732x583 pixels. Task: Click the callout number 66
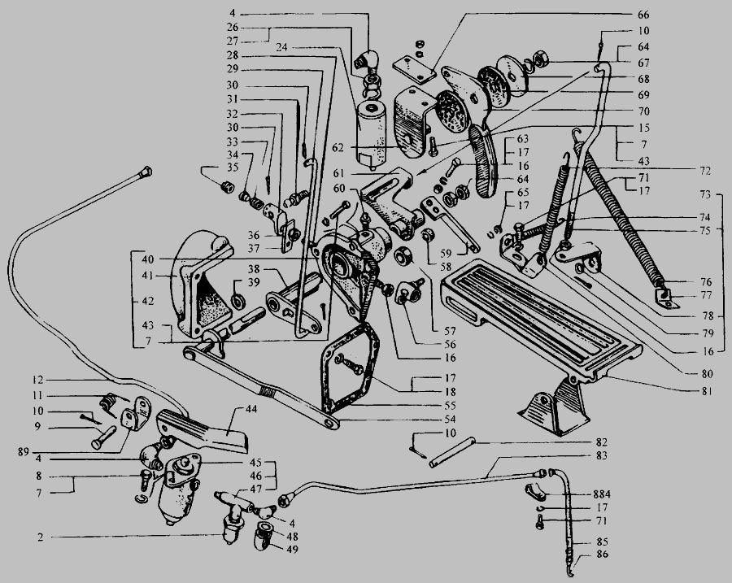pyautogui.click(x=643, y=15)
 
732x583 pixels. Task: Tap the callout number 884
pyautogui.click(x=602, y=494)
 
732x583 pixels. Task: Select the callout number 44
pyautogui.click(x=251, y=409)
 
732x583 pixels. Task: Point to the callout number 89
pyautogui.click(x=23, y=452)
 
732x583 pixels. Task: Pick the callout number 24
pyautogui.click(x=281, y=47)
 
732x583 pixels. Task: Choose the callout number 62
pyautogui.click(x=338, y=148)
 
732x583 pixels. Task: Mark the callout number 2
pyautogui.click(x=41, y=537)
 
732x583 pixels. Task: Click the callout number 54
pyautogui.click(x=450, y=420)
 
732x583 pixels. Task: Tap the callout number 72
pyautogui.click(x=704, y=172)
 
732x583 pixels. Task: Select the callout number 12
pyautogui.click(x=37, y=381)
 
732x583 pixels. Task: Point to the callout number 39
pyautogui.click(x=254, y=282)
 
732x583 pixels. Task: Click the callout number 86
pyautogui.click(x=603, y=555)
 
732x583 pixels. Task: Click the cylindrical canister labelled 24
pyautogui.click(x=371, y=134)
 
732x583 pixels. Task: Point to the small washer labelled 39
pyautogui.click(x=239, y=301)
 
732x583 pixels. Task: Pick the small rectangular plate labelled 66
pyautogui.click(x=414, y=69)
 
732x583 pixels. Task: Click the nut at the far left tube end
pyautogui.click(x=146, y=172)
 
